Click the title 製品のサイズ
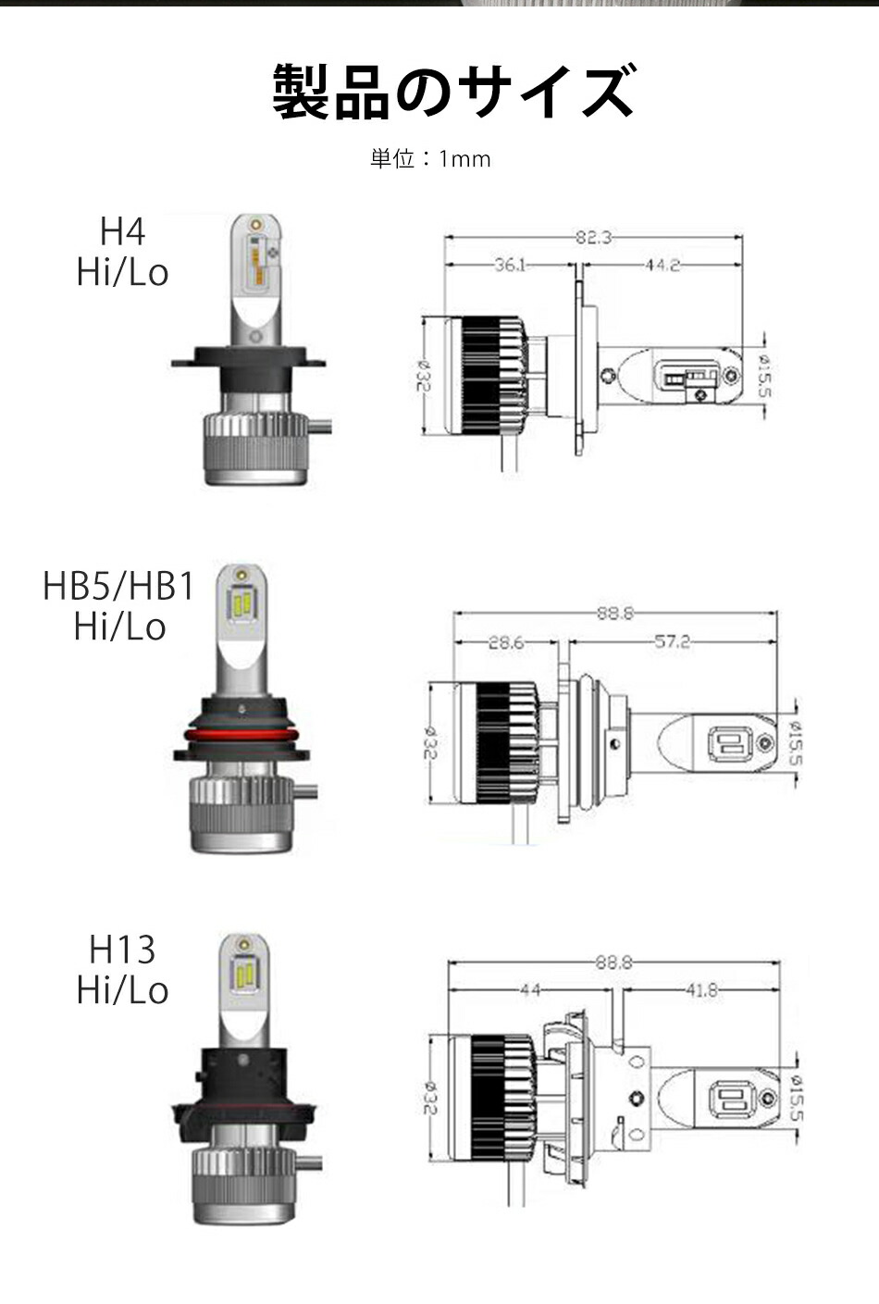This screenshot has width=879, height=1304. pos(453,93)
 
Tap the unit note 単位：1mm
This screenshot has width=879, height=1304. pos(430,159)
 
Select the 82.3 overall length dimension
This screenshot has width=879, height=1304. pos(593,238)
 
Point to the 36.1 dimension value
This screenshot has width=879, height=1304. pos(510,266)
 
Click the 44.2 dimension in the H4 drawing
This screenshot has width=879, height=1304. pos(662,266)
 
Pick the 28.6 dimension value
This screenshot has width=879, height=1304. pos(506,641)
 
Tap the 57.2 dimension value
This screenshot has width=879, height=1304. pos(672,641)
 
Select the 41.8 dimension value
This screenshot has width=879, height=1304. pos(700,990)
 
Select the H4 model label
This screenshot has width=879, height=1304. pos(122,231)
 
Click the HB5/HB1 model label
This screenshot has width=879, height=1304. pos(118,587)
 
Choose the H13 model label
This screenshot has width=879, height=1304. pos(122,950)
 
